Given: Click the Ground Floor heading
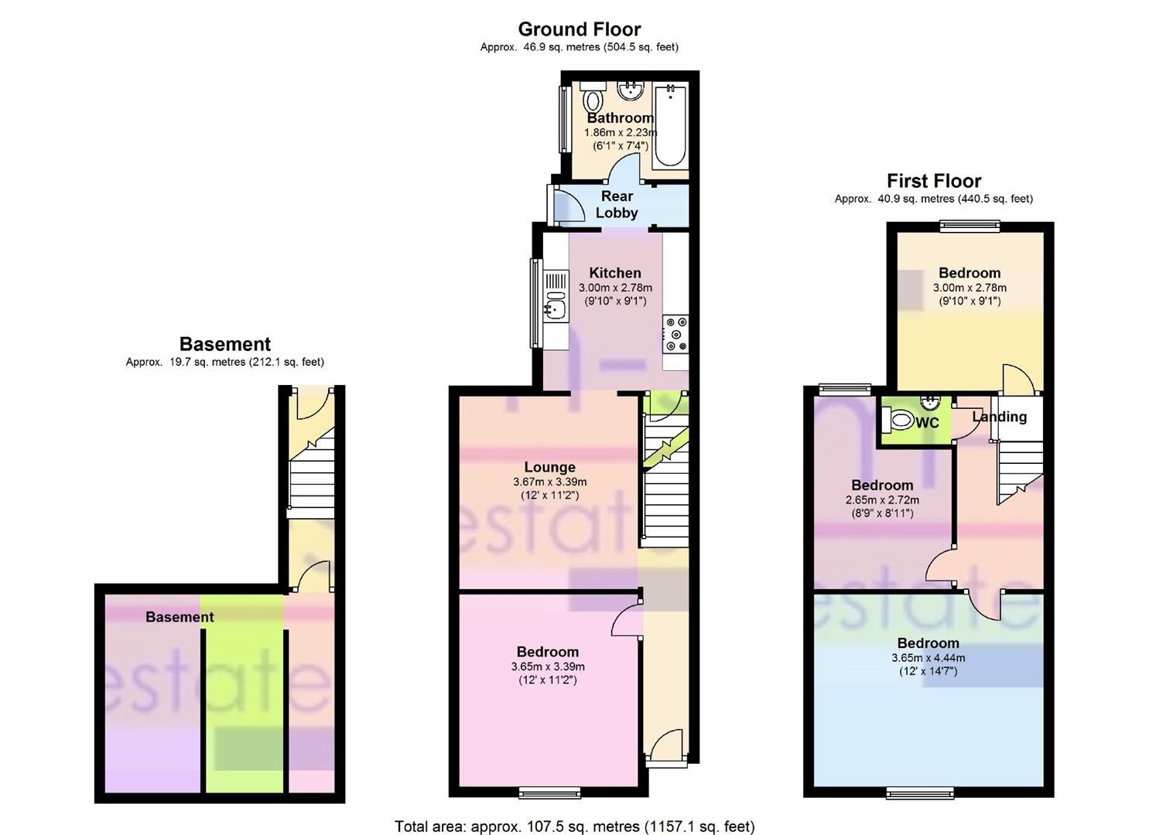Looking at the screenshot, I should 579,29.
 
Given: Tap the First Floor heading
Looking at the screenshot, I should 933,181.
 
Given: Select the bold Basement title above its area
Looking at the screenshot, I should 224,344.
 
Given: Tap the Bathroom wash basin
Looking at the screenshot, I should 631,90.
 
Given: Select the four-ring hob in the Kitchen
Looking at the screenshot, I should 675,334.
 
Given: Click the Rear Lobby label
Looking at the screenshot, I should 617,205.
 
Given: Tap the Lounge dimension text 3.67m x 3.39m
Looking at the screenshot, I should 549,482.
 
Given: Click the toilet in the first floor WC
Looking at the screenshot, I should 898,421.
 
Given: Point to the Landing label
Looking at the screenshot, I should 999,417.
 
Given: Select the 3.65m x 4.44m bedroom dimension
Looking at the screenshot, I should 928,658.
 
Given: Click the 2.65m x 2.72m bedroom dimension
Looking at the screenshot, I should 882,500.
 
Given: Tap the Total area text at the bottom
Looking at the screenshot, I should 574,826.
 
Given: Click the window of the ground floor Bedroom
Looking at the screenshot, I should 549,792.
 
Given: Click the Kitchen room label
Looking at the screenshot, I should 615,273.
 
